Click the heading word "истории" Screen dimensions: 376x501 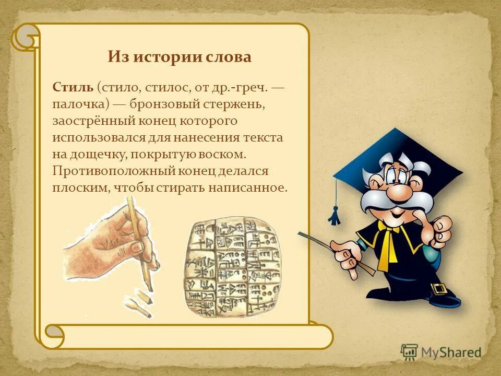[168, 56]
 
